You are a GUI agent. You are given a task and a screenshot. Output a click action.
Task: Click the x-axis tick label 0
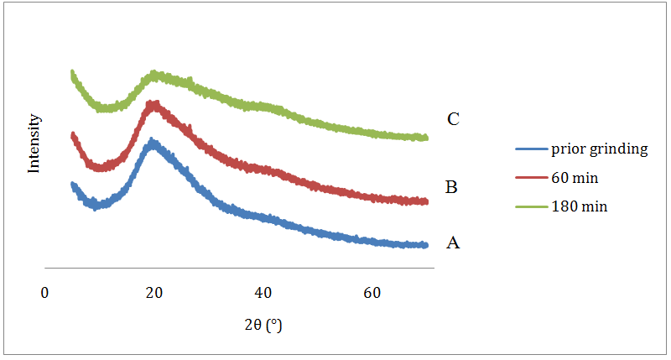click(x=45, y=293)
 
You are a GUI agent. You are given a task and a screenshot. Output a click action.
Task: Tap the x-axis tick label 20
click(x=153, y=293)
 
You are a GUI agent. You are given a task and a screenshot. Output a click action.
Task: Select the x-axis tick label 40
click(x=263, y=293)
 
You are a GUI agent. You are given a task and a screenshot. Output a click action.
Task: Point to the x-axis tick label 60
click(x=372, y=293)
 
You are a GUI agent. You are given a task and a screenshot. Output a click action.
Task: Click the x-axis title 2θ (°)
click(x=263, y=325)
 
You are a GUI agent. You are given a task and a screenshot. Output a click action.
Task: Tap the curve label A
click(x=453, y=243)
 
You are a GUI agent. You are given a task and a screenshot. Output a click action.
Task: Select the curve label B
click(x=450, y=186)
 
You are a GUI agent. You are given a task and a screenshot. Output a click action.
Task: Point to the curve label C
click(x=453, y=119)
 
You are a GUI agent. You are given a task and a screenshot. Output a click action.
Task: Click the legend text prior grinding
click(x=599, y=149)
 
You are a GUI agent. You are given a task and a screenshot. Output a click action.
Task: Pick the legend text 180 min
click(x=579, y=206)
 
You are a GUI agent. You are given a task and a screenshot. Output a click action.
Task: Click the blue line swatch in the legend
click(x=530, y=150)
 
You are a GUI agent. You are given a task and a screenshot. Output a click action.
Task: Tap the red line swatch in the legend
click(x=530, y=179)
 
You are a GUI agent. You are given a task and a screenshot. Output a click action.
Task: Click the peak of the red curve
click(x=153, y=104)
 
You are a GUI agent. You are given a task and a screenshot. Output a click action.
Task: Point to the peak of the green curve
click(x=155, y=76)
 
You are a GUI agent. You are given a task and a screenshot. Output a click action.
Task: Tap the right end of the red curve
click(x=426, y=201)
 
